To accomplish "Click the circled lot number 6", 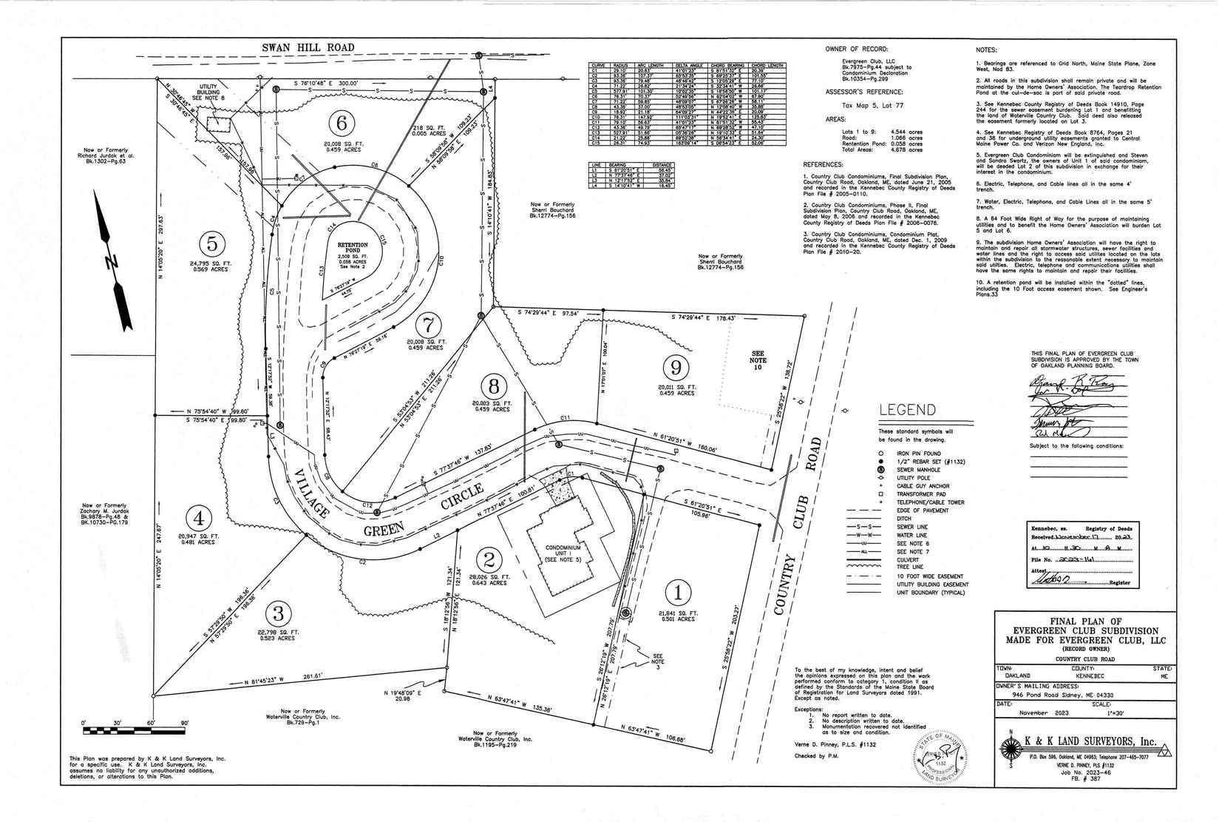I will (x=341, y=123).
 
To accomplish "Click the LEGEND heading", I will (x=907, y=410).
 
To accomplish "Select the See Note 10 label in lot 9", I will (x=758, y=360).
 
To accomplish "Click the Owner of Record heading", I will (x=857, y=49).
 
